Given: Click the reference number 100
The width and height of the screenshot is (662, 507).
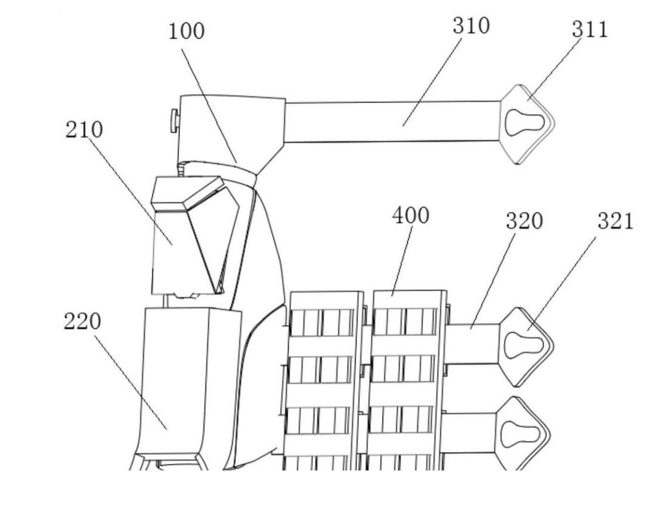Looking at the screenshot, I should coord(187,32).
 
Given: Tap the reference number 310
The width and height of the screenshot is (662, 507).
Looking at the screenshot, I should coord(471,26).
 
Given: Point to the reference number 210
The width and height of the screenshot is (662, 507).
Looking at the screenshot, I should coord(84,130).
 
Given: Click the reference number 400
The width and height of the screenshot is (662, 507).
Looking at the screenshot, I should coord(410,215).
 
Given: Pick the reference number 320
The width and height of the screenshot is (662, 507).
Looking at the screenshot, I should coord(524,222).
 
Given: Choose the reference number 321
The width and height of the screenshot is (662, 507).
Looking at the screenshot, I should coord(615,222).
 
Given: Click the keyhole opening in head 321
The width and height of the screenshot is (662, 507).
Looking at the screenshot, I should coord(522,344).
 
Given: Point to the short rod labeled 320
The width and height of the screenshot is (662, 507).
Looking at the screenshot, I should coord(473,344).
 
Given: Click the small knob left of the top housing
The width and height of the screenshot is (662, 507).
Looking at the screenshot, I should coord(174,119).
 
